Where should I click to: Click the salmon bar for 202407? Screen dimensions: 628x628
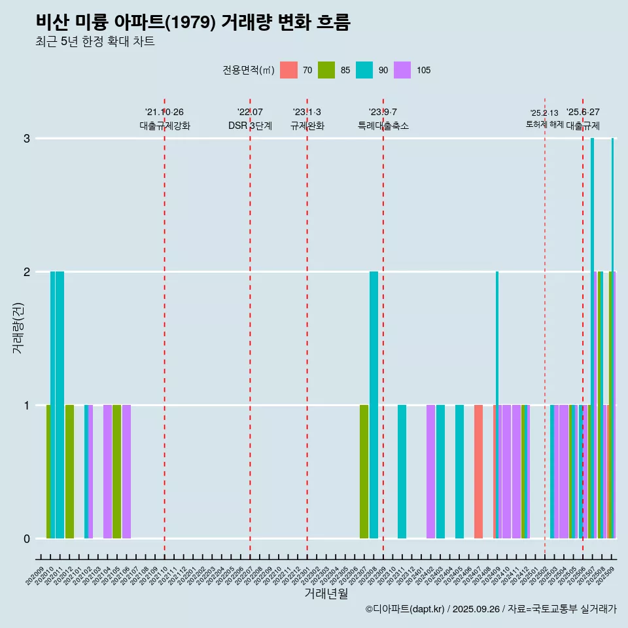coord(479,472)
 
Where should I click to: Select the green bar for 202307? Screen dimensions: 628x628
coord(364,472)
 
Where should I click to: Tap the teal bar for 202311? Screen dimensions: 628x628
coord(402,472)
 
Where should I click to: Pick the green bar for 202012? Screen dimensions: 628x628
coord(69,472)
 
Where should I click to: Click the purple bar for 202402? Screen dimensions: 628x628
coord(430,472)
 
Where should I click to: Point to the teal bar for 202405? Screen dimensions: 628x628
coord(459,472)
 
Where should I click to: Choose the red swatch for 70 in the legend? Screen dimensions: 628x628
coord(288,70)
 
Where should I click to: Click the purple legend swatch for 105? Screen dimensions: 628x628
coord(402,70)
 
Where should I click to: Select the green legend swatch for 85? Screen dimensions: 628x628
coord(326,70)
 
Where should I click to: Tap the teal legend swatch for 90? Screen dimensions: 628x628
coord(364,70)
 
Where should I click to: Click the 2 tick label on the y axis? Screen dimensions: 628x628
coord(27,272)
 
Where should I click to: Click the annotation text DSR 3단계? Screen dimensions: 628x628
coord(250,126)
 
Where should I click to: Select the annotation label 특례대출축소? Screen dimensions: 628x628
coord(383,126)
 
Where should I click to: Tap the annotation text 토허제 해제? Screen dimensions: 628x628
coord(545,124)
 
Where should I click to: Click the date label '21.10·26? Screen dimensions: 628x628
coord(164,112)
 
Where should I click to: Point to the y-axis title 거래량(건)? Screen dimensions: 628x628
coord(18,327)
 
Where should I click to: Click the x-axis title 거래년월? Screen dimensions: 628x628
coord(326,593)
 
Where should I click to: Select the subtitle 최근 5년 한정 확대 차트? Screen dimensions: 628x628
coord(95,42)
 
